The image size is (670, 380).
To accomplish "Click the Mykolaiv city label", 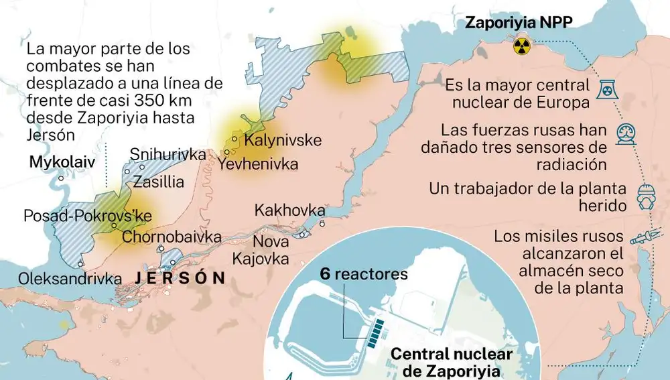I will (x=60, y=162).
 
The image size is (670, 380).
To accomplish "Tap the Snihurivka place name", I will (x=167, y=154).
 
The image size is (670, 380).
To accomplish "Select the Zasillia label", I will (x=158, y=182).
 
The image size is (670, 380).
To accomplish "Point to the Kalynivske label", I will (x=283, y=141).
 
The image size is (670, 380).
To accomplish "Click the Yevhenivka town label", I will (x=258, y=164).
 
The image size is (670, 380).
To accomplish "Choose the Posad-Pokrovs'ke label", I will (x=87, y=216).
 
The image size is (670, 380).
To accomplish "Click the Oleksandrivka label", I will (x=70, y=278).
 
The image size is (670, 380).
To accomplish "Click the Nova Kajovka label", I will (x=271, y=249).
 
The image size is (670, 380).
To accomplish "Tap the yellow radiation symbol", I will (x=521, y=46).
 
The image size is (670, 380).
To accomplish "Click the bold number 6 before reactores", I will (x=324, y=274).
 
